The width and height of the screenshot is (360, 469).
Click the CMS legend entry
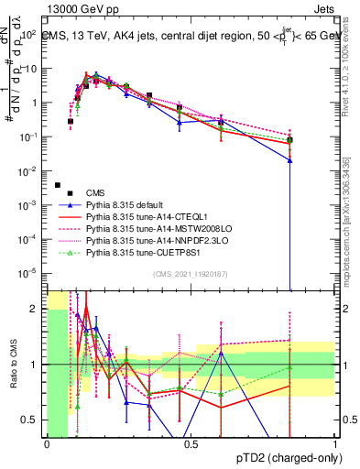(95, 192)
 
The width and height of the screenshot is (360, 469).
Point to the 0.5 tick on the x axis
(190, 444)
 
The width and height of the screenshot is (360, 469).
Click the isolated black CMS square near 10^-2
(57, 159)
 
